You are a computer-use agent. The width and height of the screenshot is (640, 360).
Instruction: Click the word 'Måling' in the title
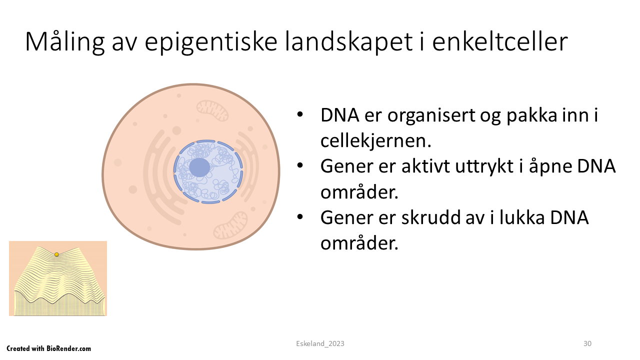(x=65, y=42)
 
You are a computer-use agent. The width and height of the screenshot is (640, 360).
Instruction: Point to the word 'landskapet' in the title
(x=349, y=42)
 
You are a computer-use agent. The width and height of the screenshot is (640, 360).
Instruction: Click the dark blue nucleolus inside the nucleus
(x=199, y=167)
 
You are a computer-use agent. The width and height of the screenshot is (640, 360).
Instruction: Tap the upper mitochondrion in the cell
(x=212, y=110)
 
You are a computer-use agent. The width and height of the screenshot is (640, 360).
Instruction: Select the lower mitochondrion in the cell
(x=230, y=225)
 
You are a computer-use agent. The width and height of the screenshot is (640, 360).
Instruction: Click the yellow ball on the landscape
(x=56, y=254)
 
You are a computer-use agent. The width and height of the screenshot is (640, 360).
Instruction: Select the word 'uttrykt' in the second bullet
(x=485, y=166)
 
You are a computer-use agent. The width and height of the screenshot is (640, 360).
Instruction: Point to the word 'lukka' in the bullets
(x=521, y=217)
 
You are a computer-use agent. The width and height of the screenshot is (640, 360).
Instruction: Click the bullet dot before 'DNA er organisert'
(x=299, y=115)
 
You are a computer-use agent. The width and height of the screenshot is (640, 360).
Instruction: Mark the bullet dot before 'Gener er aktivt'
(x=299, y=165)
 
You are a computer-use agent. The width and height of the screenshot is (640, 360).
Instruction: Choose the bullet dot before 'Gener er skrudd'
(x=299, y=217)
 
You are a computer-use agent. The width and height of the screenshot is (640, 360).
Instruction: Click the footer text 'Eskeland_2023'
(x=320, y=343)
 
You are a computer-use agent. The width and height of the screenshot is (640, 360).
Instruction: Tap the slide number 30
(x=587, y=343)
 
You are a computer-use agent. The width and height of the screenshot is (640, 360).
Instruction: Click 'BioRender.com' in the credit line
(x=69, y=348)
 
